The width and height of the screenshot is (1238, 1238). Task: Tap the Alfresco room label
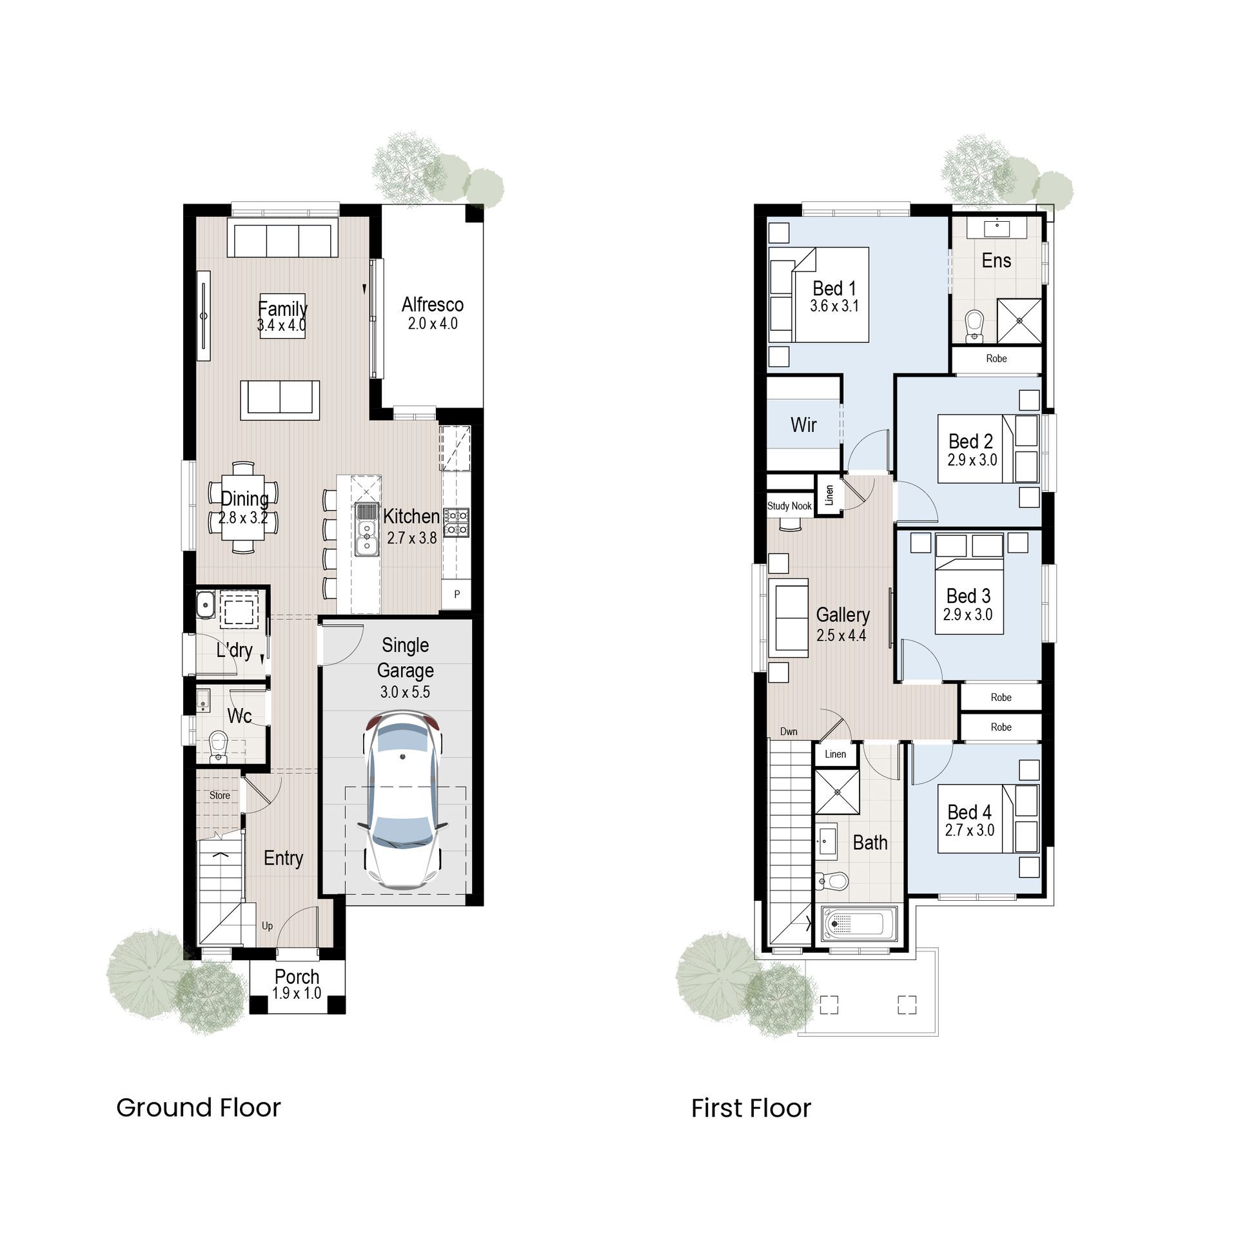[433, 304]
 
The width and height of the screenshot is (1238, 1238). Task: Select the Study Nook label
[789, 506]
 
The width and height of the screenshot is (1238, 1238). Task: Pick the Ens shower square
[1019, 320]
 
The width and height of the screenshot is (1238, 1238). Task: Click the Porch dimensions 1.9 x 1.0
[297, 994]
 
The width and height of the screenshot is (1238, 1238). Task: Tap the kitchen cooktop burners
[456, 522]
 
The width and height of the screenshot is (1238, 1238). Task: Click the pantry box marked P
[457, 594]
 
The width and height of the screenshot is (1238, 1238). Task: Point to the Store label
[219, 795]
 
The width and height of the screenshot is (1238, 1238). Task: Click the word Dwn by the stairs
[789, 731]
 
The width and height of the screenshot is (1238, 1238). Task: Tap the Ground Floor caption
[199, 1108]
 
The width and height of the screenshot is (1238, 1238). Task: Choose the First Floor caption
[751, 1108]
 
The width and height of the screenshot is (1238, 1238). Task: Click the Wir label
[803, 424]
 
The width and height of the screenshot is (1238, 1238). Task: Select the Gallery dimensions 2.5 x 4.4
[841, 635]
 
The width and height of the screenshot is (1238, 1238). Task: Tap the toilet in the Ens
[974, 326]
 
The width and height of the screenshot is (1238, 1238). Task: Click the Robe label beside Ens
[996, 359]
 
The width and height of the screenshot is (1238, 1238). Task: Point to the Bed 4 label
[970, 811]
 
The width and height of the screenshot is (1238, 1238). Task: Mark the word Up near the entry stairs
[268, 926]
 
